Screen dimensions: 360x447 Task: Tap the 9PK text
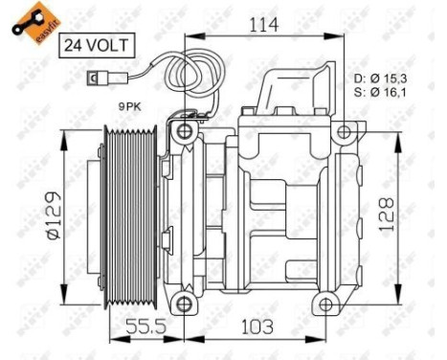tap(130, 108)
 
